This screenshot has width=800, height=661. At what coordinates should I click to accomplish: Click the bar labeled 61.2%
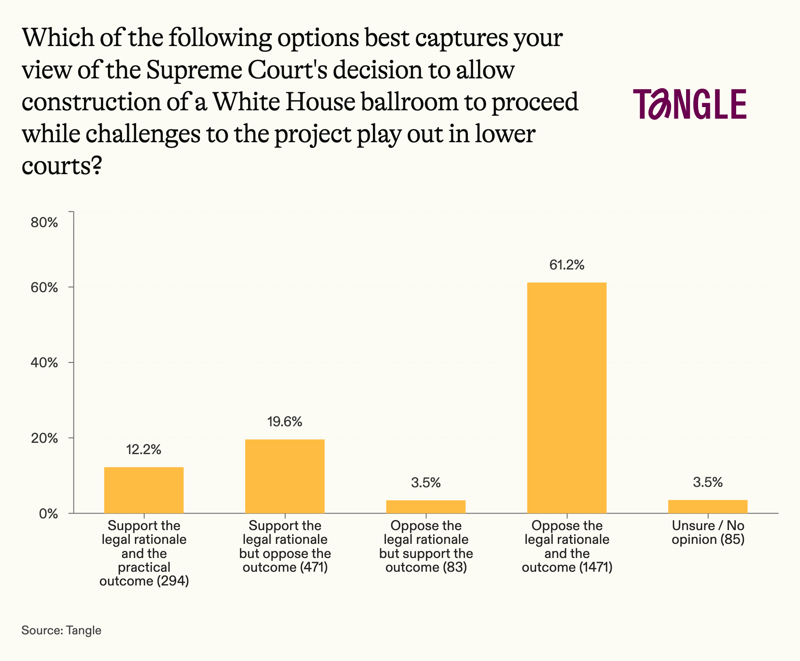(567, 398)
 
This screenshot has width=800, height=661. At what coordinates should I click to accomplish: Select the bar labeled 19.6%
(285, 476)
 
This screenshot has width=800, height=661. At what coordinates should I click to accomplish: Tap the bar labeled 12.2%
(144, 490)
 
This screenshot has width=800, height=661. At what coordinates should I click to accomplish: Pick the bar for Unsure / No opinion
(708, 507)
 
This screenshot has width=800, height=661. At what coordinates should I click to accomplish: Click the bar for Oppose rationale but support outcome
(426, 507)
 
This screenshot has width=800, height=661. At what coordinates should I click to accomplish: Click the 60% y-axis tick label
(44, 288)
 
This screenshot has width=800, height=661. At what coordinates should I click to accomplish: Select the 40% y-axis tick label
(44, 363)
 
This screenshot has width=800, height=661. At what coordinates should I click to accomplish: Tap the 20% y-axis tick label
(44, 438)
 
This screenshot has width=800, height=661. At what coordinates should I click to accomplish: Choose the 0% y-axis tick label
(48, 514)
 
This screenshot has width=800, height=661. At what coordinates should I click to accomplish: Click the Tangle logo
(690, 104)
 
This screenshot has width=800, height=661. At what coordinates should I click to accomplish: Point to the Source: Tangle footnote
(61, 630)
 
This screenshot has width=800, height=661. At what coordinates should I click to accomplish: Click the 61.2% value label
(567, 265)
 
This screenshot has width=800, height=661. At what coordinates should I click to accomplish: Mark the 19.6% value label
(285, 422)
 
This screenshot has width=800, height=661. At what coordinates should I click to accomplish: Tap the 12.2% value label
(144, 449)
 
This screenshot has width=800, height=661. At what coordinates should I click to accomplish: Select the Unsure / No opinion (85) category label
(708, 533)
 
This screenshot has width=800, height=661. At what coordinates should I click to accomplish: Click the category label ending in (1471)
(567, 546)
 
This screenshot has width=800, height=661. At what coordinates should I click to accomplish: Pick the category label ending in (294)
(144, 553)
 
